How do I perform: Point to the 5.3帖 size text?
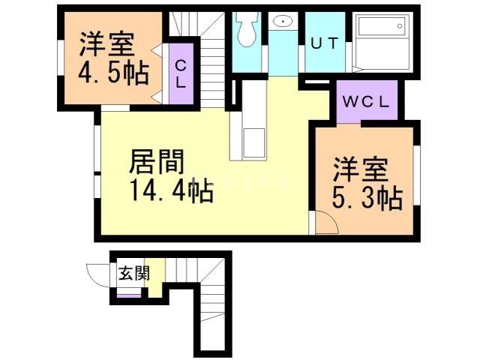pyautogui.click(x=367, y=199)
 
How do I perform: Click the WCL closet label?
pyautogui.click(x=365, y=103)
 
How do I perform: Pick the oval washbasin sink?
pyautogui.click(x=283, y=21)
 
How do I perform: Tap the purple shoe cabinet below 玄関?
pyautogui.click(x=127, y=295)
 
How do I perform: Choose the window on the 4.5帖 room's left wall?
pyautogui.click(x=59, y=57)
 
